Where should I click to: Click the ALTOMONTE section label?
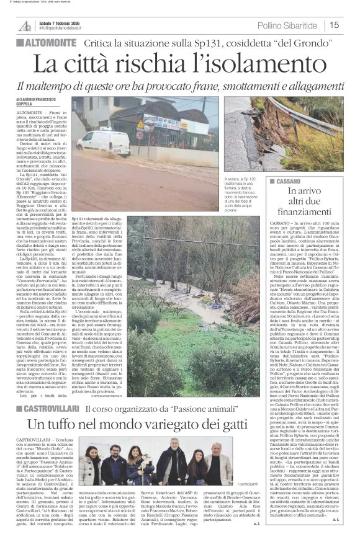tap(49, 43)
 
